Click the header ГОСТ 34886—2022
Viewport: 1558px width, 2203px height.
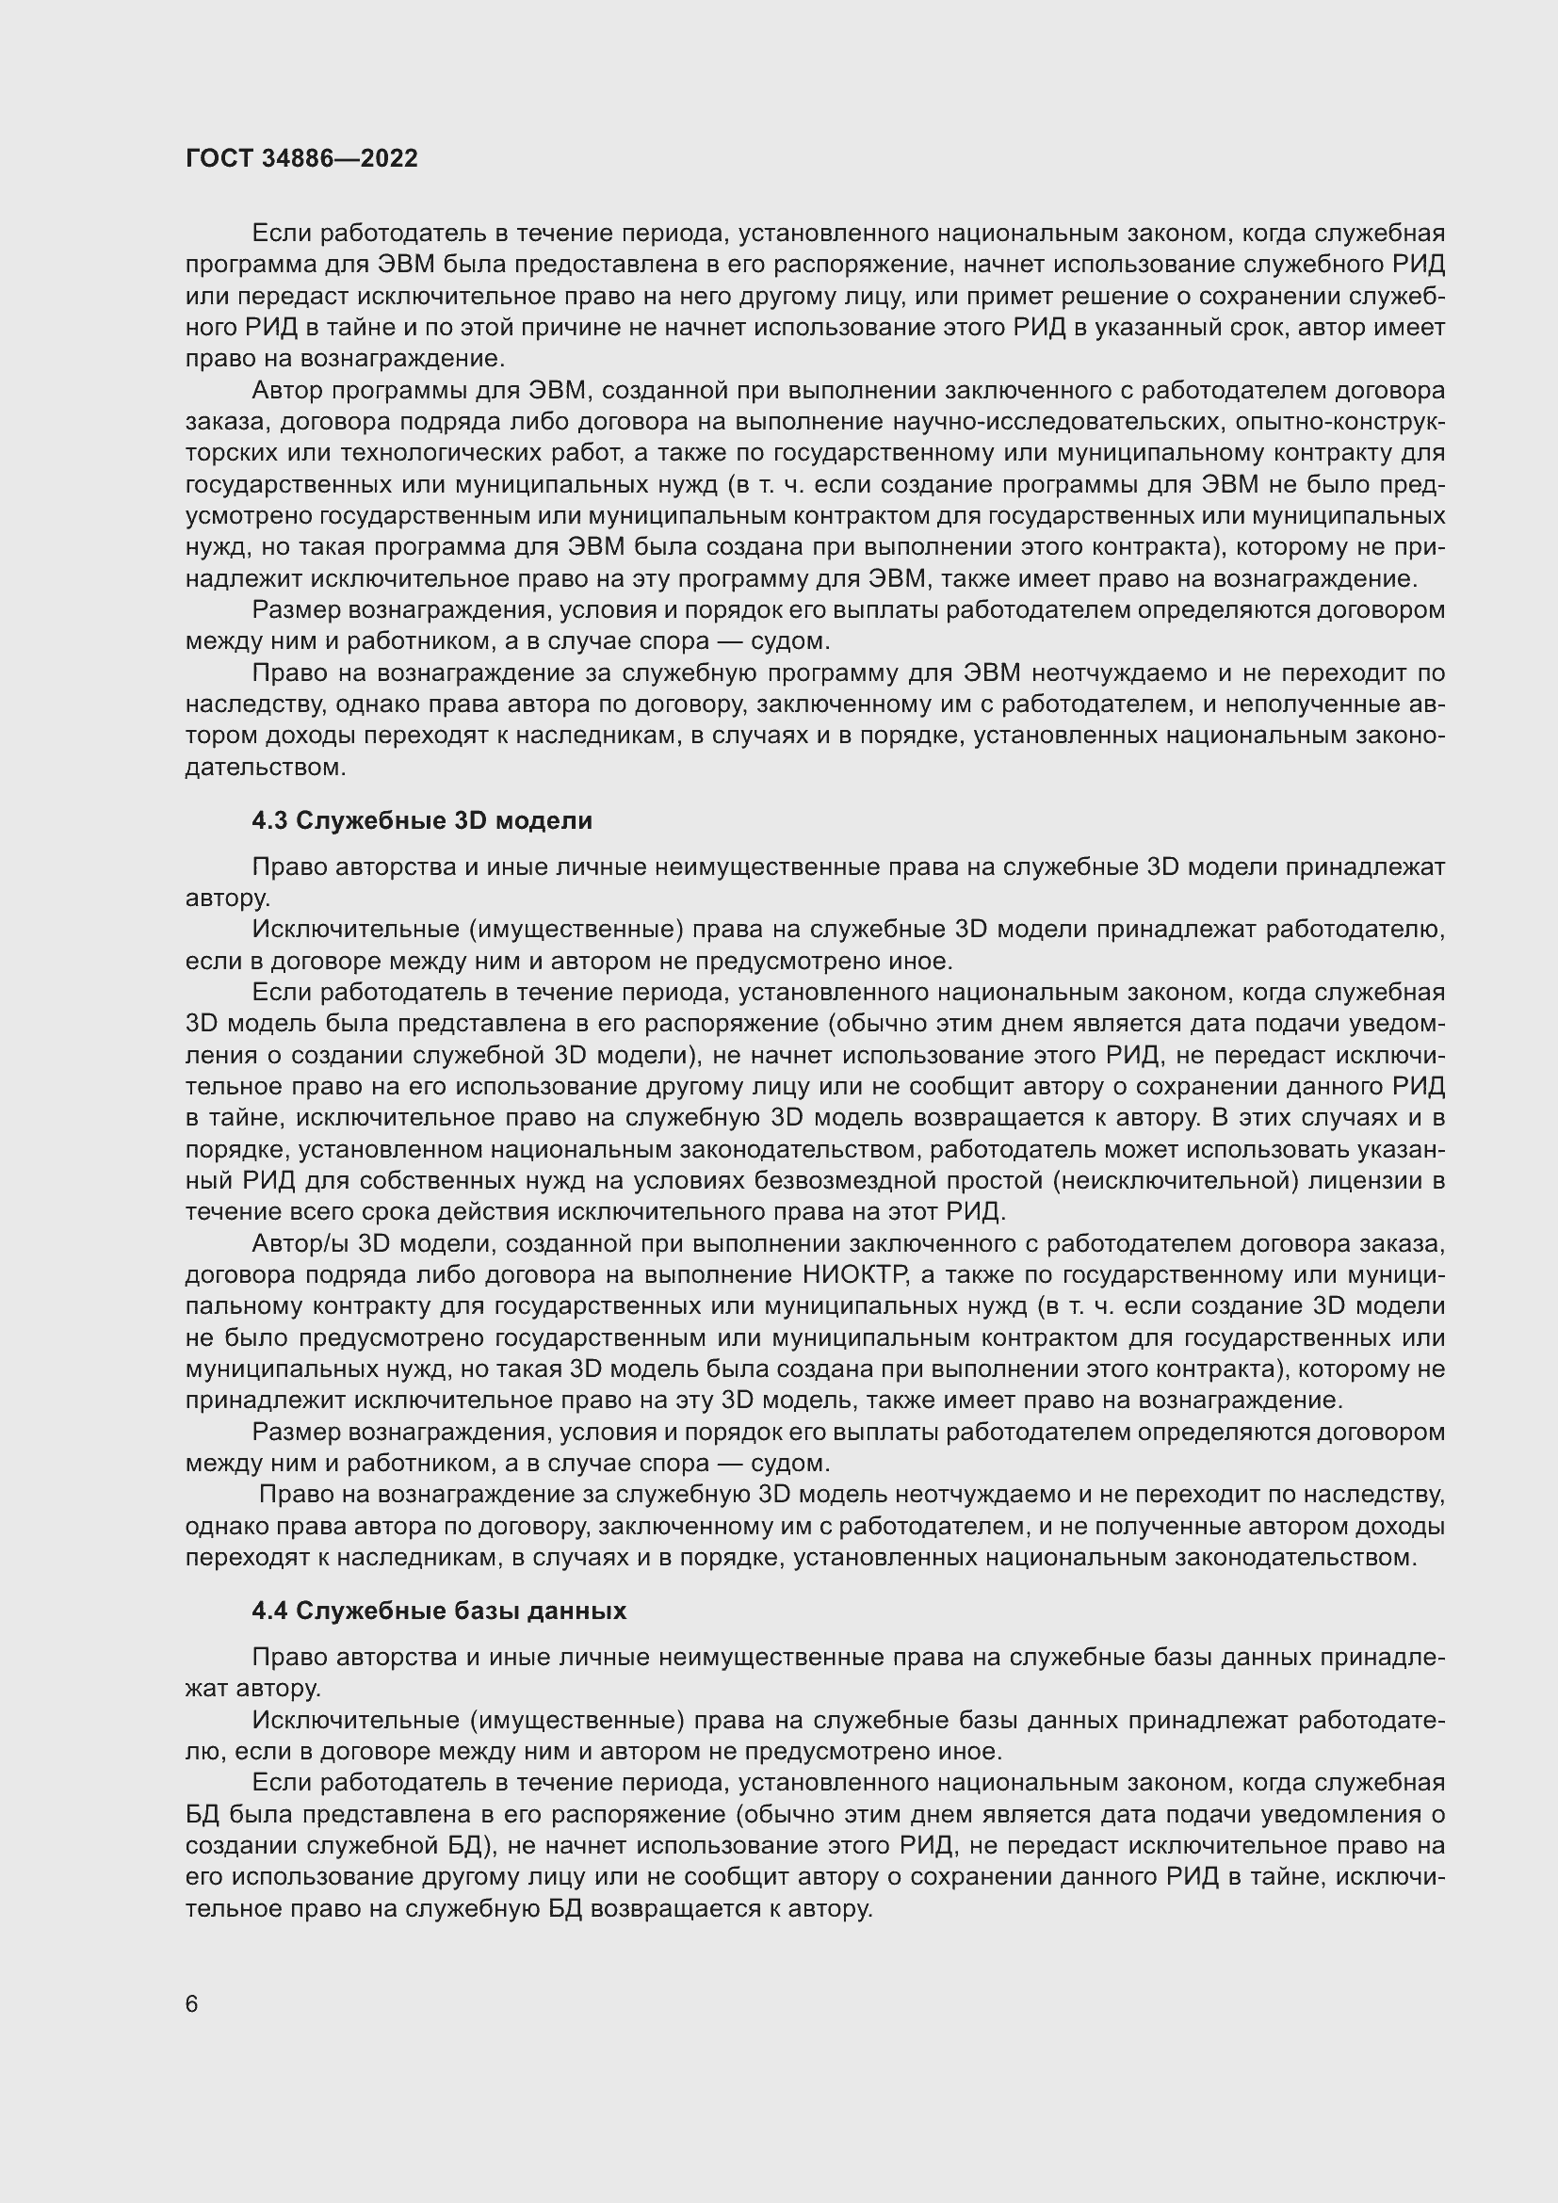(301, 158)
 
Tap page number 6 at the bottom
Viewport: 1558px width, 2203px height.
(192, 2005)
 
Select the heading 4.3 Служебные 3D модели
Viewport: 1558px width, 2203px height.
(422, 820)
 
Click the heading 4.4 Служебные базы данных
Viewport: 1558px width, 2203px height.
(439, 1611)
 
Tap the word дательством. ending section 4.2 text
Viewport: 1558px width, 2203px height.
(265, 768)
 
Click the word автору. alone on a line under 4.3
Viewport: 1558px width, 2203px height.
(228, 899)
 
